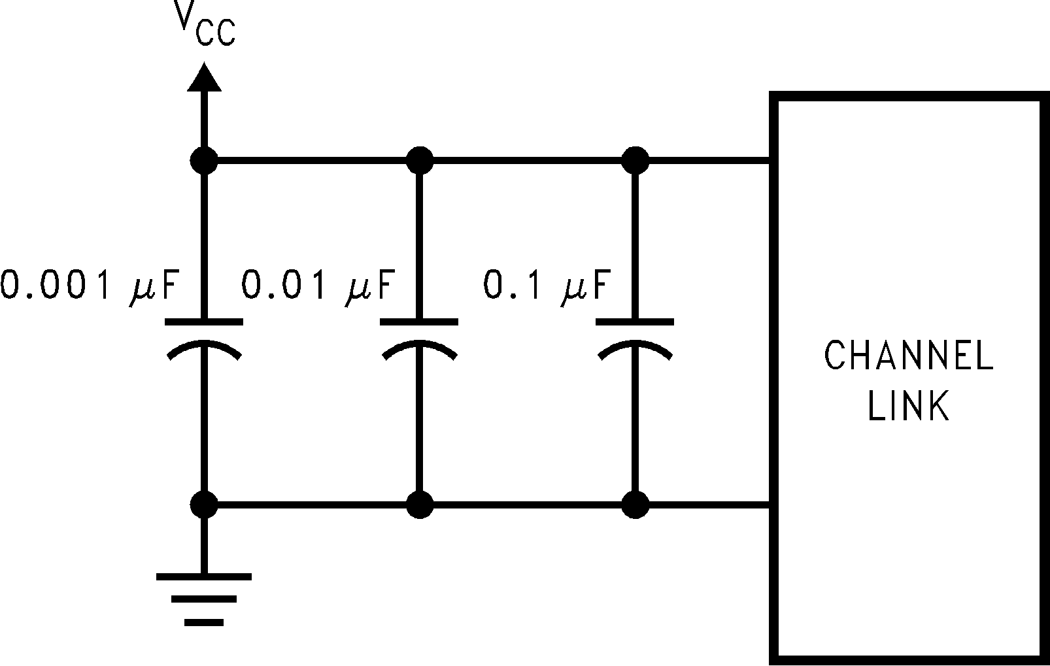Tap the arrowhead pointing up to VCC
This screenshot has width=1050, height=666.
tap(204, 77)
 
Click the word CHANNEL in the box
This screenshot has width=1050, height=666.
tap(908, 356)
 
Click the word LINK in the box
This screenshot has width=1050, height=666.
tap(908, 406)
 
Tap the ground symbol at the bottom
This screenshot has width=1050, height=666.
tap(204, 599)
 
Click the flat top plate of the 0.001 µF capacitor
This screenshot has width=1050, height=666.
tap(204, 321)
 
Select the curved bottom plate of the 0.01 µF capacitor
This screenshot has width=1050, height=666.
tap(419, 347)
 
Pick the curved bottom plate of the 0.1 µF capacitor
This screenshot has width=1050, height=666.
tap(635, 347)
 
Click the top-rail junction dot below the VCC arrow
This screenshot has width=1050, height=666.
tap(204, 159)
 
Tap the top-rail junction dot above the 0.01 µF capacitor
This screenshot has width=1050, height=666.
tap(419, 159)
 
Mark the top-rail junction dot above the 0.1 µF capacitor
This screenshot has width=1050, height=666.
tap(635, 159)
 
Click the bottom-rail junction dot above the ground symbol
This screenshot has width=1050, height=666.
tap(204, 505)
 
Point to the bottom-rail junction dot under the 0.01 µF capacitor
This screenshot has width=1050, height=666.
tap(419, 505)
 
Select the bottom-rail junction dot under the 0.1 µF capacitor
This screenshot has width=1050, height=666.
tap(635, 505)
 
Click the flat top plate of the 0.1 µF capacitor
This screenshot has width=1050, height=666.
tap(635, 321)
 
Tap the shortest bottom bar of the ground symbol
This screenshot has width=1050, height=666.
tap(204, 622)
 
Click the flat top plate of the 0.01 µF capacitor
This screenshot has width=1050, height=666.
tap(419, 321)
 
